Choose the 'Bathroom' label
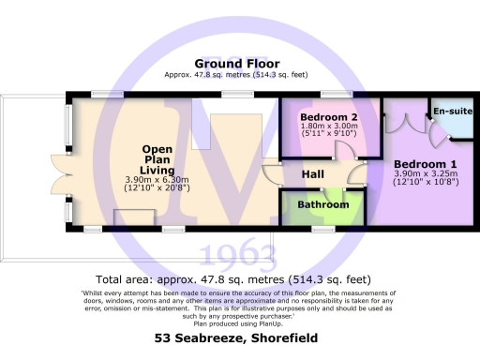[x=322, y=204]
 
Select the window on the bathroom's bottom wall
[x=322, y=229]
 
